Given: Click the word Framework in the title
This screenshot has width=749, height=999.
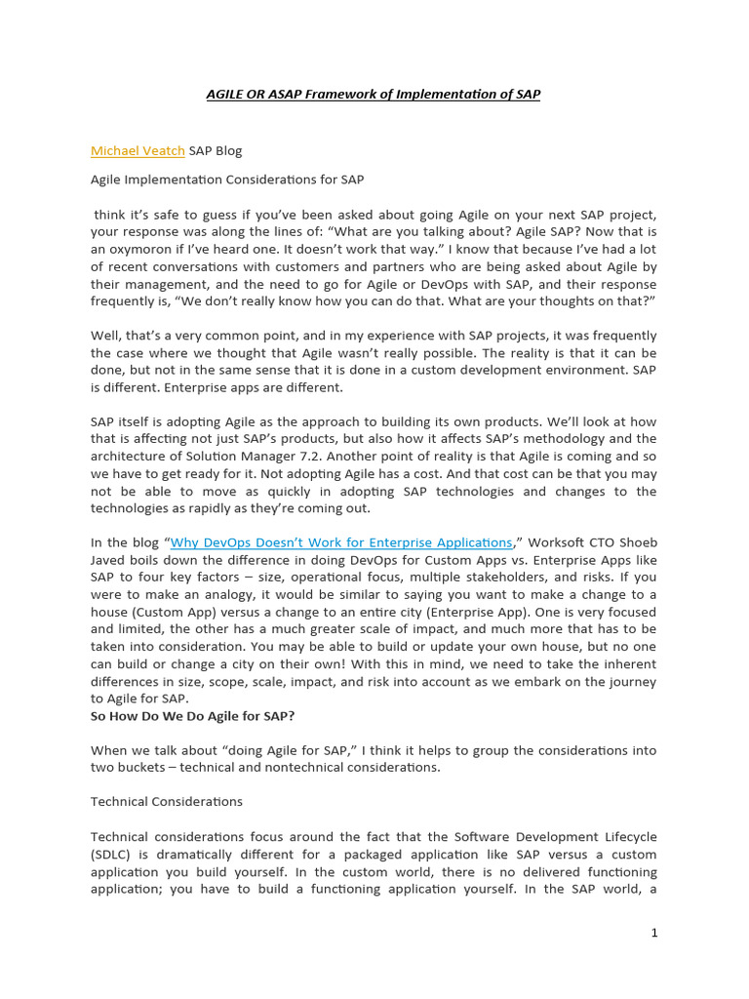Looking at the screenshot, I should tap(326, 95).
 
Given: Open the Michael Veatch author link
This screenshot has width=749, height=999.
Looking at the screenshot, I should tap(138, 150).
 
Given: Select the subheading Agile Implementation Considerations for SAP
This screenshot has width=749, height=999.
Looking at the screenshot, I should tap(227, 180).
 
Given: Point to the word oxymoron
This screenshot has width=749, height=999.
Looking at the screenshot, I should tap(138, 249).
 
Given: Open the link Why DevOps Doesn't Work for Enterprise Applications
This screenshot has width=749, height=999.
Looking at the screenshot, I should tap(341, 542).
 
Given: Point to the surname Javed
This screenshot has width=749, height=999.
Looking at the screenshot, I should tap(110, 560).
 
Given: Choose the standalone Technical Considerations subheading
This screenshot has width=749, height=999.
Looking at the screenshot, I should tap(167, 802).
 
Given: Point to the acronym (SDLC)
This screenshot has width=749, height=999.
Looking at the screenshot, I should tap(110, 855).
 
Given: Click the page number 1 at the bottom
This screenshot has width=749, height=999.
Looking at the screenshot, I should tap(654, 933).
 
